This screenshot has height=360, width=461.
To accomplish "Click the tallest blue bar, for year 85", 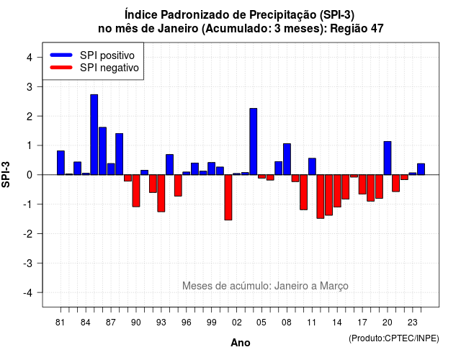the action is [x=94, y=135].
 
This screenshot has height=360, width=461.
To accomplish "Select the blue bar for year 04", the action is [x=254, y=141].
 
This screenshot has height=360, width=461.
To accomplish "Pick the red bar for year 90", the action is [x=136, y=191].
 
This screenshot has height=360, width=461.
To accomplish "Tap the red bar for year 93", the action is [x=161, y=193].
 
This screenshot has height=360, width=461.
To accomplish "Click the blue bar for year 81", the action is [x=61, y=163].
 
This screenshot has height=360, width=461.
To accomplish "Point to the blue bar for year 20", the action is [x=388, y=158].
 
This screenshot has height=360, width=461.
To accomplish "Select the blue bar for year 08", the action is [x=287, y=159].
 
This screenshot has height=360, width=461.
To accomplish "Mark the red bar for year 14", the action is [x=337, y=191].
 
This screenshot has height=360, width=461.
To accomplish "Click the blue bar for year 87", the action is [x=111, y=169].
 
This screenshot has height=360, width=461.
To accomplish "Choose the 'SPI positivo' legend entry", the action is [x=92, y=55].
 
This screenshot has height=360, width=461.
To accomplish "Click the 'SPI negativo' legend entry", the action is [x=94, y=68].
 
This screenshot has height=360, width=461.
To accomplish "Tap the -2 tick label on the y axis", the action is [x=28, y=233].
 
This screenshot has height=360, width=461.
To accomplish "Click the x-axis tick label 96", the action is [x=187, y=323].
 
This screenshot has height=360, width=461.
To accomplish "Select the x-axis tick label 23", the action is [x=413, y=323].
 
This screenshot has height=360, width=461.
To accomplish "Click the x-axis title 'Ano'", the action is [x=241, y=343].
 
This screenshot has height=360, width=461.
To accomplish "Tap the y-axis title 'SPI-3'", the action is [x=6, y=174].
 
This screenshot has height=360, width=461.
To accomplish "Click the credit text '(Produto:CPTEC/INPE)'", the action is [x=394, y=338].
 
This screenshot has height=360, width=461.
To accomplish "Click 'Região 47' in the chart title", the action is [x=357, y=29].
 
